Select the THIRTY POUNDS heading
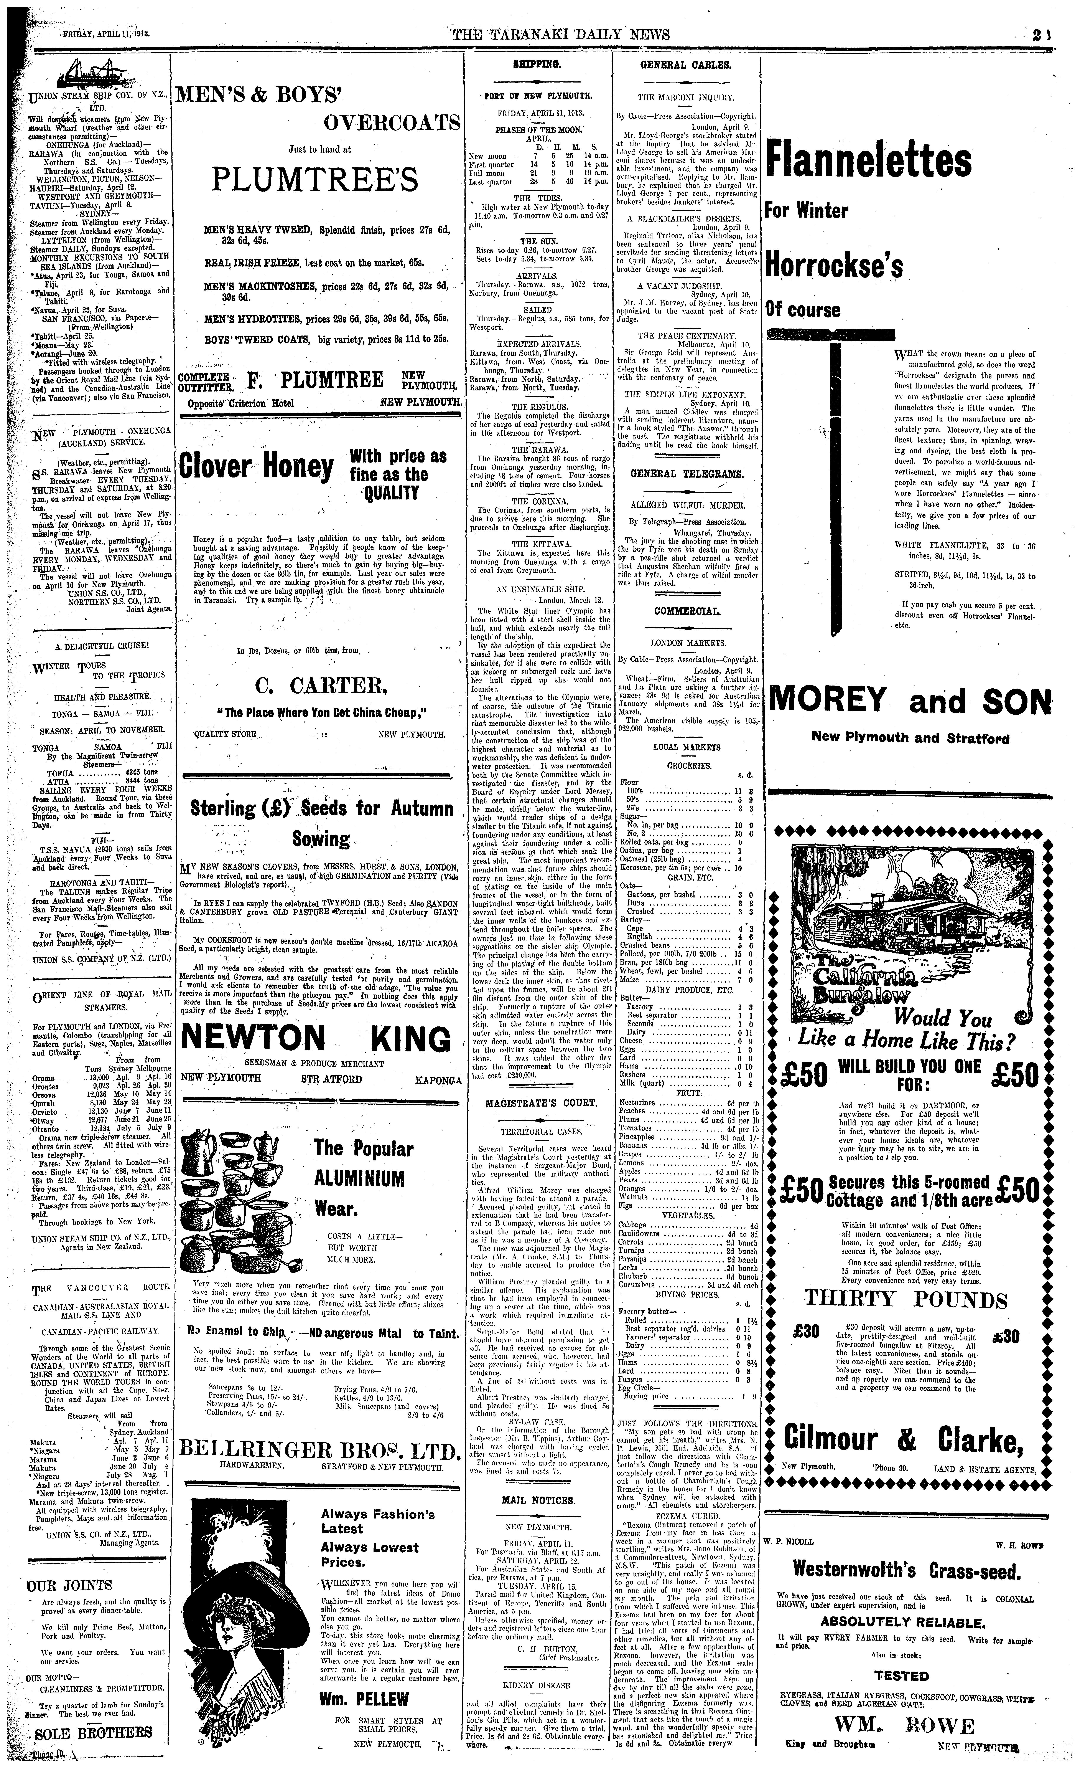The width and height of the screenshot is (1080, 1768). pyautogui.click(x=906, y=1299)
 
